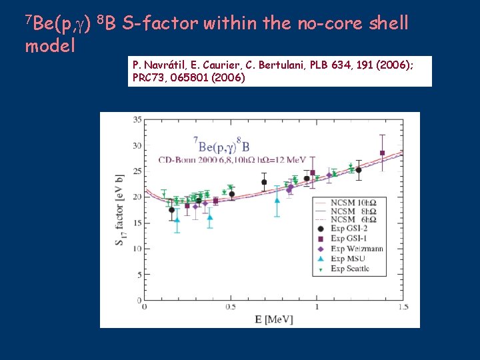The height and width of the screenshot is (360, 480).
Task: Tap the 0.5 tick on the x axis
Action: click(x=230, y=307)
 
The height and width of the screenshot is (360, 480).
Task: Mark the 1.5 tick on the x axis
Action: click(x=403, y=307)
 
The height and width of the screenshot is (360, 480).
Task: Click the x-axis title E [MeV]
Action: click(x=274, y=320)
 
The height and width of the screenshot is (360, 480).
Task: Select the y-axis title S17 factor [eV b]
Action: click(x=119, y=210)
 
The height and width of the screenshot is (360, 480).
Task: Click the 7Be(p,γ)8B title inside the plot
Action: click(x=221, y=145)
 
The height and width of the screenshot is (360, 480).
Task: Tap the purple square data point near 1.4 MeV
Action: click(x=382, y=153)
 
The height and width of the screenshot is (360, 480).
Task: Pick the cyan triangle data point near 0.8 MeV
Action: click(x=277, y=199)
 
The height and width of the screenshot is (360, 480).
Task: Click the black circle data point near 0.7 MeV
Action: click(x=264, y=182)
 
